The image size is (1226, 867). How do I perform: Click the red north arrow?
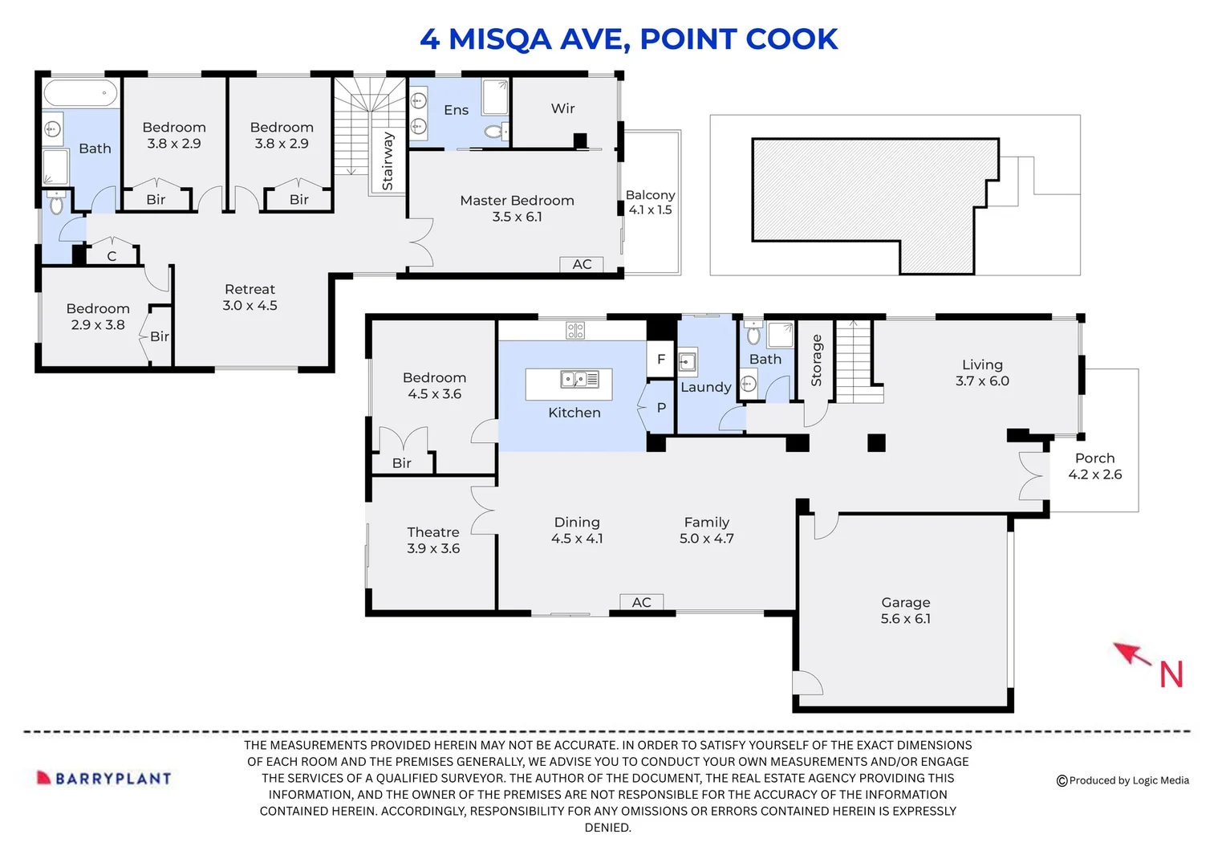point(1134,654)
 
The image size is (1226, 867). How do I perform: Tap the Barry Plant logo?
point(104,778)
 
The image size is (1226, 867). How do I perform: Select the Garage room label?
point(906,610)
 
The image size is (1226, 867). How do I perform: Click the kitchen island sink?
point(580,379)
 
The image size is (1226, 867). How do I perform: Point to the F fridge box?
point(660,360)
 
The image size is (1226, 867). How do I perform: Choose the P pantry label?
point(661,408)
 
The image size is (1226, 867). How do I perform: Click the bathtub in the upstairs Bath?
point(80,92)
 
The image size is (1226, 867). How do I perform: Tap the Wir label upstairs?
point(562,108)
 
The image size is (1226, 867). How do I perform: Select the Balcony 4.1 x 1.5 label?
point(650,202)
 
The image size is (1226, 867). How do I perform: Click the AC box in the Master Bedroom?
point(582,264)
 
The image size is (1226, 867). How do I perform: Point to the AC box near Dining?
point(641,602)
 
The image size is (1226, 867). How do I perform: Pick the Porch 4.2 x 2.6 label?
point(1095,466)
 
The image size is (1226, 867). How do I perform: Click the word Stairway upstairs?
point(388,161)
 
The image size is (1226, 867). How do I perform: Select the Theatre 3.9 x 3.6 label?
point(433,540)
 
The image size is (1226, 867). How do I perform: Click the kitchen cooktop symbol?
point(575,330)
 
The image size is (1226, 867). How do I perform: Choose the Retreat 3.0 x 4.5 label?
point(250,297)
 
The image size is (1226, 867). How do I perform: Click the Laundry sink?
point(688,362)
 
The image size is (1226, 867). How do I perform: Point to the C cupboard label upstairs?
point(112,256)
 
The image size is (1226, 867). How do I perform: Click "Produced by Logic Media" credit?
point(1123,780)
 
